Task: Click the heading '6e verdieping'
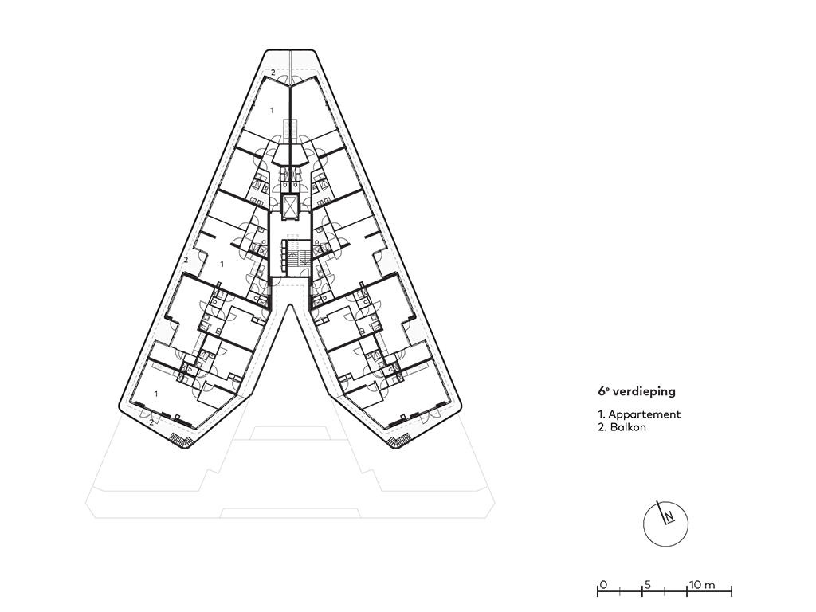point(637,392)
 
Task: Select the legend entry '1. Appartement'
point(639,414)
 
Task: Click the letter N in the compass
point(670,516)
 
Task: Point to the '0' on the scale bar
point(603,585)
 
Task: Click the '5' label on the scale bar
point(647,585)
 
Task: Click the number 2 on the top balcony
point(273,73)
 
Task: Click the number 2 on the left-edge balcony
point(185,260)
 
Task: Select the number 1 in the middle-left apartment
point(222,263)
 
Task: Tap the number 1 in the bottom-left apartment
point(156,394)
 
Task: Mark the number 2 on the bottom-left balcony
point(151,422)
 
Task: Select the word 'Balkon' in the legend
point(630,427)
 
